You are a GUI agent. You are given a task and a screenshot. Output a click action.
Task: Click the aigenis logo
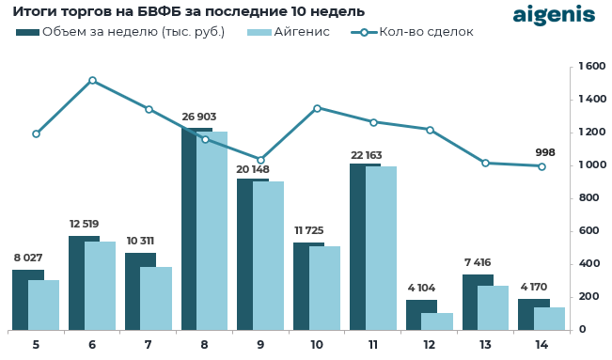click(553, 15)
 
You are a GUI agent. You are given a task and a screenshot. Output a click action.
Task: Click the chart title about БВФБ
click(188, 11)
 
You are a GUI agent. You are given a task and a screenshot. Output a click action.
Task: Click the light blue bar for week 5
click(44, 305)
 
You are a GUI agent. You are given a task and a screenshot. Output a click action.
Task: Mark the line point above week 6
click(92, 81)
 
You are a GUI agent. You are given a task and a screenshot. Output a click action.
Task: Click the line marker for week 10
click(317, 108)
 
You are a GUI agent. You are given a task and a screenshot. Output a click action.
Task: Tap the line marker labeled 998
click(541, 166)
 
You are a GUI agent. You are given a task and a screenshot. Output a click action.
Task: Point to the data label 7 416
click(478, 262)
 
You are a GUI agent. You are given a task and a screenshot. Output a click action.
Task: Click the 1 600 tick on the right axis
click(591, 67)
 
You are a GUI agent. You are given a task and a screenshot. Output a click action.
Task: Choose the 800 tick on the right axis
click(589, 198)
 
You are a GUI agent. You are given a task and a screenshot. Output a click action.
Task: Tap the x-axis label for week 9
click(260, 345)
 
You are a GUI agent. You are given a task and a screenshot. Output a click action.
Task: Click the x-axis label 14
click(541, 345)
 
